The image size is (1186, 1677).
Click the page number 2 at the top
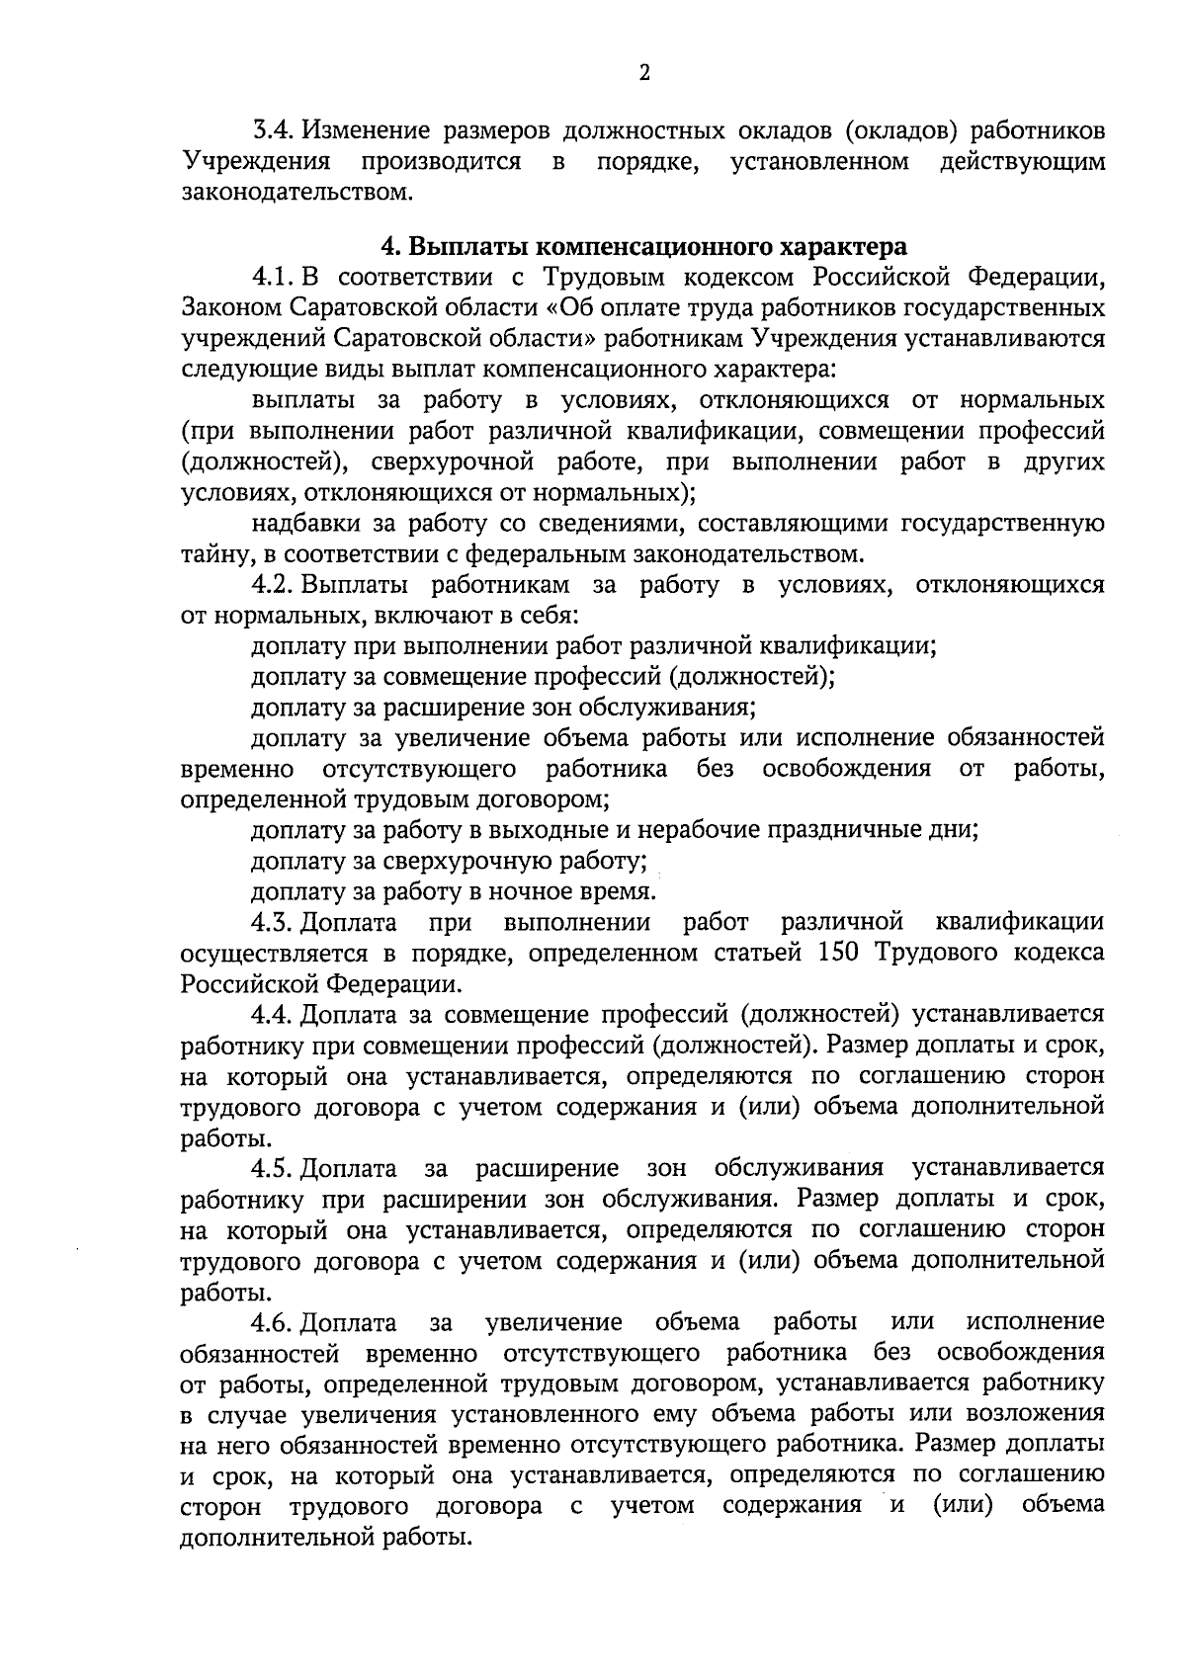coord(644,72)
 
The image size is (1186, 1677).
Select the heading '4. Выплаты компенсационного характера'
coord(643,244)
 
